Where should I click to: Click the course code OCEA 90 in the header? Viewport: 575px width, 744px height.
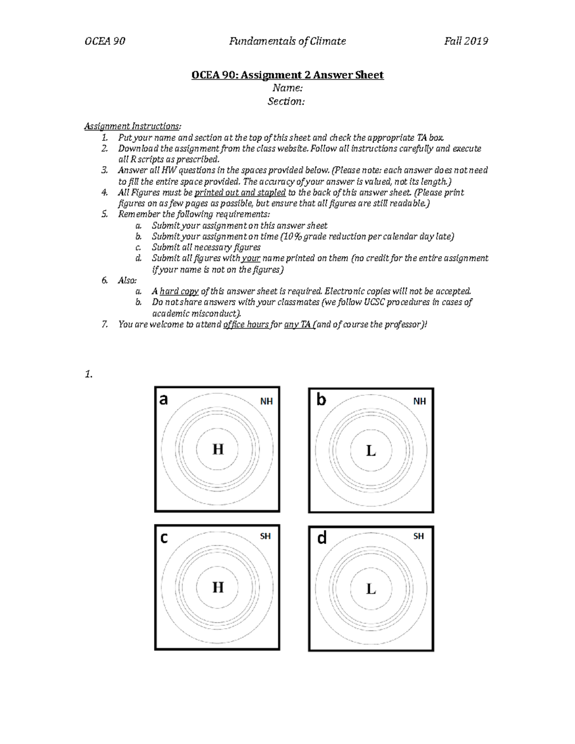point(104,41)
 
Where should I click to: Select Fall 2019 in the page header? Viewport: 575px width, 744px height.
point(466,41)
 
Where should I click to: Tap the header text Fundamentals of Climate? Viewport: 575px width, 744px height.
point(287,41)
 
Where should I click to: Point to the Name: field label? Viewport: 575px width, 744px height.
point(287,88)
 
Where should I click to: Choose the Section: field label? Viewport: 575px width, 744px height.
point(287,102)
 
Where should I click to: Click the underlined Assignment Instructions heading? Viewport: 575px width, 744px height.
point(133,126)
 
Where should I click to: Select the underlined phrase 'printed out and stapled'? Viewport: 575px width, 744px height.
point(240,193)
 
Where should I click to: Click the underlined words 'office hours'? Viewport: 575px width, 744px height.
point(246,325)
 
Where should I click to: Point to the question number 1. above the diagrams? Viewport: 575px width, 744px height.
point(88,375)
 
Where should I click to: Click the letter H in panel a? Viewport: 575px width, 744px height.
point(218,449)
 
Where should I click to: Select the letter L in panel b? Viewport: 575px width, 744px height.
point(370,451)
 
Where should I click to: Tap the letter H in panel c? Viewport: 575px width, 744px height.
point(218,587)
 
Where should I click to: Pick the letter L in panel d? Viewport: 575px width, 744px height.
point(370,589)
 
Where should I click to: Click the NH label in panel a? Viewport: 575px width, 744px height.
point(266,401)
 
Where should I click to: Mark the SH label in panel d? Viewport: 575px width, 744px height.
point(418,537)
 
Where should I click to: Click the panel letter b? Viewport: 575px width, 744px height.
point(321,400)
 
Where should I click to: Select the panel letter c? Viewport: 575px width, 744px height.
point(164,538)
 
